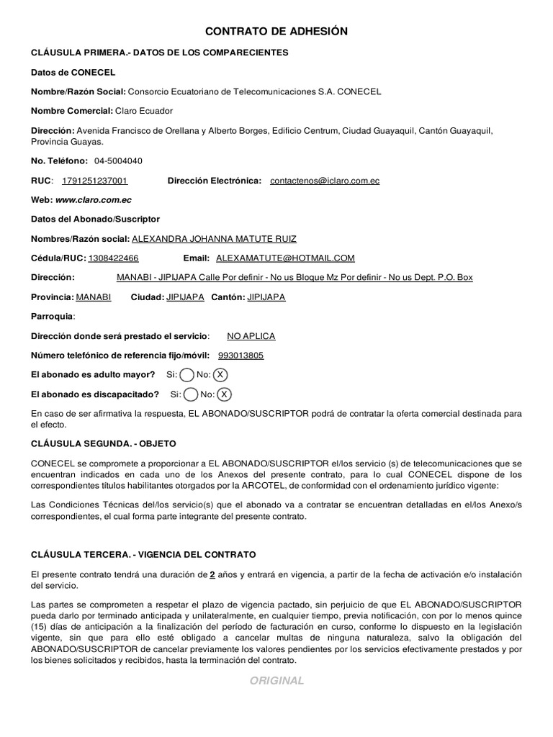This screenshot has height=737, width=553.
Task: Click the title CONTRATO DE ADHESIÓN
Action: point(276,31)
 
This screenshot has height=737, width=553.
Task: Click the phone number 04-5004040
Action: point(118,160)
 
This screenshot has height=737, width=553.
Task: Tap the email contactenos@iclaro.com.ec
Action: point(325,181)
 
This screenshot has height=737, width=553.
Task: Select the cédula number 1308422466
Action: point(114,258)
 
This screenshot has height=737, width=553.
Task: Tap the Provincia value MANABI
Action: point(94,297)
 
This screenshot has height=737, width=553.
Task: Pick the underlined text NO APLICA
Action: point(251,336)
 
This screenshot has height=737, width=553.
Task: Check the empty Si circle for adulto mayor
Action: point(186,375)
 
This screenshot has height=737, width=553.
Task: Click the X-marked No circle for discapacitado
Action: point(225,394)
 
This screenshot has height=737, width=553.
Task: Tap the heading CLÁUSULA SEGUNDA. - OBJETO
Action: point(104,443)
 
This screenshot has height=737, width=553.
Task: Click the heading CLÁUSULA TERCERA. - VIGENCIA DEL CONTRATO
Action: point(143,554)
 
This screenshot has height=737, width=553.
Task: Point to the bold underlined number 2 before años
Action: point(212,574)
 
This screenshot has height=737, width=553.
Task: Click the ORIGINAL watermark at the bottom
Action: point(277,681)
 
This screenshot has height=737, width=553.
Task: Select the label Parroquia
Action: point(53,317)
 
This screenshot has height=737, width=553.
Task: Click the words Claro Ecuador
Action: point(144,111)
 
